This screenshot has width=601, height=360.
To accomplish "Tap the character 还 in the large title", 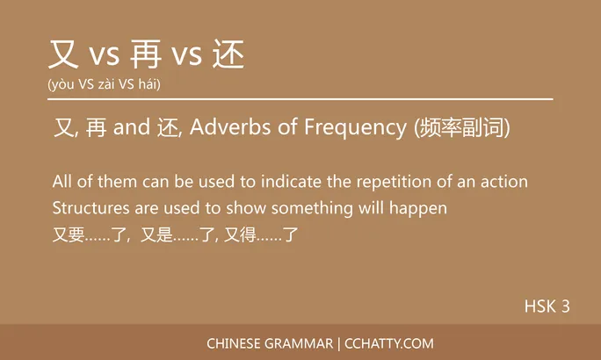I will coord(229,54).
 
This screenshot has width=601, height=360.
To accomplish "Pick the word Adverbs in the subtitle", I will coord(221,128).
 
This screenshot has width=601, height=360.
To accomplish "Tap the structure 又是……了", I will coord(178,234).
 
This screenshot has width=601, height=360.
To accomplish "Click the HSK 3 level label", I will coord(547,306).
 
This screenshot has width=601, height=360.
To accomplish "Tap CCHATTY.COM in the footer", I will coord(388,343).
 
